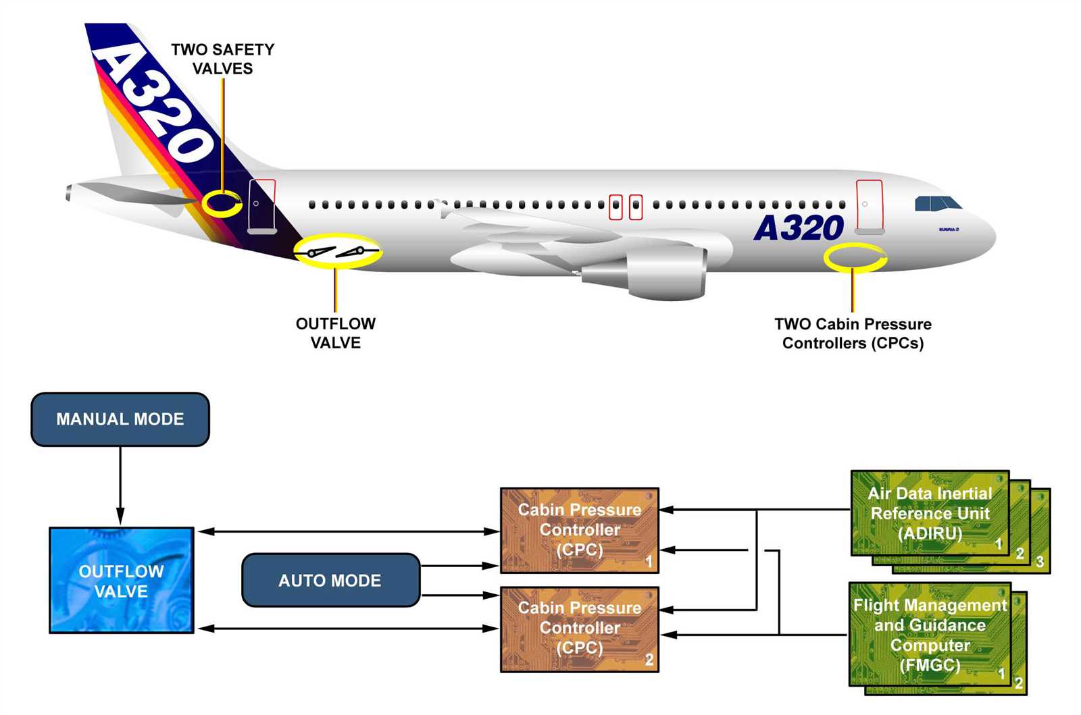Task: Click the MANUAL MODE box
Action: [120, 419]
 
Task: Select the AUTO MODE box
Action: [330, 580]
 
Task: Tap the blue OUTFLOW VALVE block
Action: [122, 581]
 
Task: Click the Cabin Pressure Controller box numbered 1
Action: [579, 530]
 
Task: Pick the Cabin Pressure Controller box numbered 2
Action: [579, 629]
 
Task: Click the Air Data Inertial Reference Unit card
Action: [930, 513]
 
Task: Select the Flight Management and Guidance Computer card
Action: [930, 635]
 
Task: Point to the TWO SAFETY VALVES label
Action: [222, 59]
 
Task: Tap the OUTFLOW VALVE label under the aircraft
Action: [335, 333]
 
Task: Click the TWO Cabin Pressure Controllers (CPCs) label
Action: [853, 334]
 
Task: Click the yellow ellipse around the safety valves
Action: [222, 203]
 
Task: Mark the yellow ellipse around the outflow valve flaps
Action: [338, 252]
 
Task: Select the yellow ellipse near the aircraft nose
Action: [855, 257]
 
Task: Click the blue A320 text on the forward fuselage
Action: [799, 228]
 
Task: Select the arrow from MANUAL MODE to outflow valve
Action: [120, 486]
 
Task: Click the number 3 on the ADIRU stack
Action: [1040, 561]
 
